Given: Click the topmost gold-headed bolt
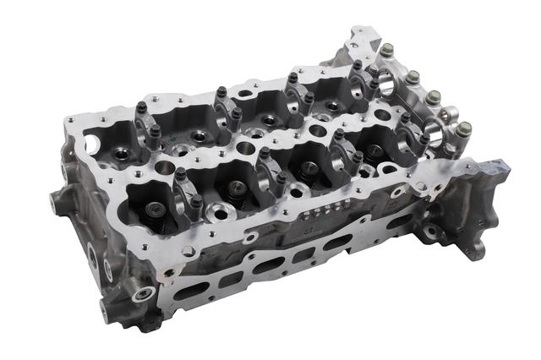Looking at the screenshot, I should tap(386, 51).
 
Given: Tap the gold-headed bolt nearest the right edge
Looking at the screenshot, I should tap(463, 128).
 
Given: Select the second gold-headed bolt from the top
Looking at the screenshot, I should tap(412, 78).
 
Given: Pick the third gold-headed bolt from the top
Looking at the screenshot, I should tap(434, 98).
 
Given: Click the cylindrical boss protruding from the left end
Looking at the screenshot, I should tap(63, 203).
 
